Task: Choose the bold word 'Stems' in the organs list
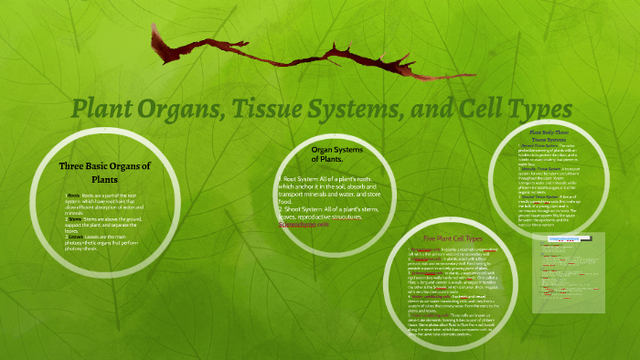(x=74, y=219)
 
